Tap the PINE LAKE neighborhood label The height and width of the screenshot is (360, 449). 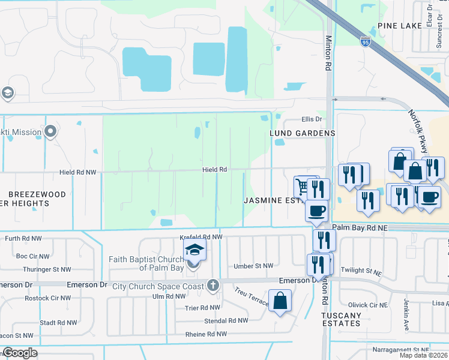click(400, 26)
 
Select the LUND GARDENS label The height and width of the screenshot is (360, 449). click(302, 133)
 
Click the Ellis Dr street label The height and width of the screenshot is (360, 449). click(312, 119)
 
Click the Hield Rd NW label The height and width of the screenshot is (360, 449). click(77, 172)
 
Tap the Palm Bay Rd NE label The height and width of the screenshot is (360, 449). click(357, 228)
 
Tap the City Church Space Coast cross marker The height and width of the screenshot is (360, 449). click(212, 286)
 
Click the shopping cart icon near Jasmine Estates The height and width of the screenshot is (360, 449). click(302, 186)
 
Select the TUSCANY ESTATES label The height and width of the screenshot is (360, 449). click(341, 319)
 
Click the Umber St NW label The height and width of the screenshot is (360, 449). click(254, 266)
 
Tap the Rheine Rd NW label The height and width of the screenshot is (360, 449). click(206, 334)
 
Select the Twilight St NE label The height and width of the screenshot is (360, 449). click(361, 271)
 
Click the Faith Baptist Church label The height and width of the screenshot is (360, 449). click(146, 263)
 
